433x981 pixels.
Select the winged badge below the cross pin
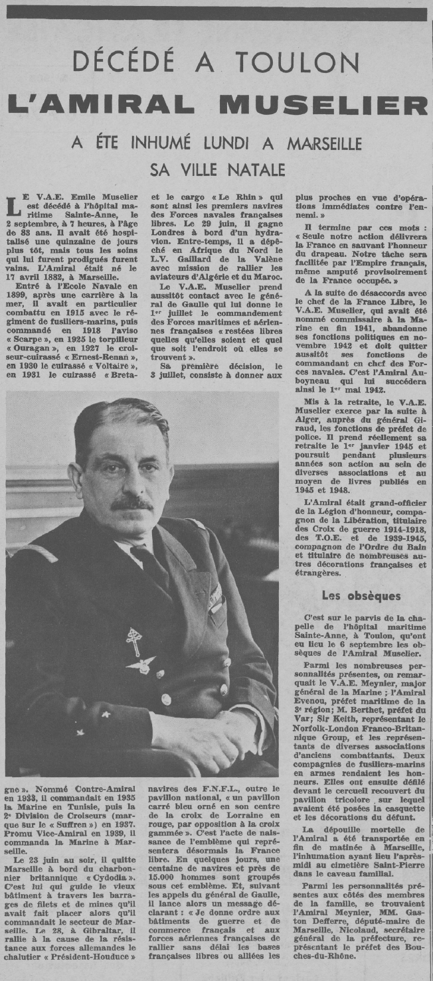point(141,664)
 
